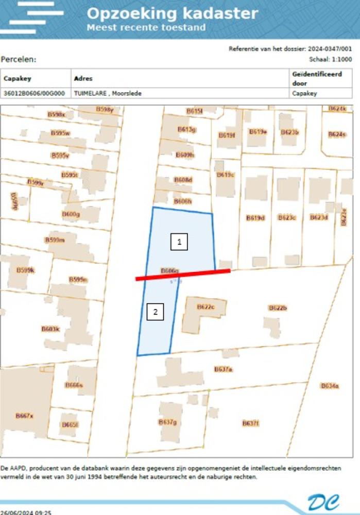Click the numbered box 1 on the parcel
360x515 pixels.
click(x=179, y=242)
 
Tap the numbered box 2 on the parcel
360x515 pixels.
click(x=155, y=312)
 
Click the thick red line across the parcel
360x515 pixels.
click(x=183, y=274)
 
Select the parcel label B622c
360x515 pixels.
click(x=205, y=307)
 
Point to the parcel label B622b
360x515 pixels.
click(x=277, y=307)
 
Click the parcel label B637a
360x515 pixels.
click(x=224, y=369)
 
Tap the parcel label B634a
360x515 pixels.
click(x=330, y=385)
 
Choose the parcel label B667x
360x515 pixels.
click(x=24, y=416)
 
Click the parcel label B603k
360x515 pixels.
click(x=50, y=329)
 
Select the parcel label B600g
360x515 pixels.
click(x=71, y=214)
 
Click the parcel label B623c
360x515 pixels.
click(x=287, y=218)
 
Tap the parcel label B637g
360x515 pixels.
click(x=167, y=422)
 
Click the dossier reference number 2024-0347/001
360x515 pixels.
click(x=330, y=48)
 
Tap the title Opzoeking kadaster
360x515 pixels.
click(x=172, y=13)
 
